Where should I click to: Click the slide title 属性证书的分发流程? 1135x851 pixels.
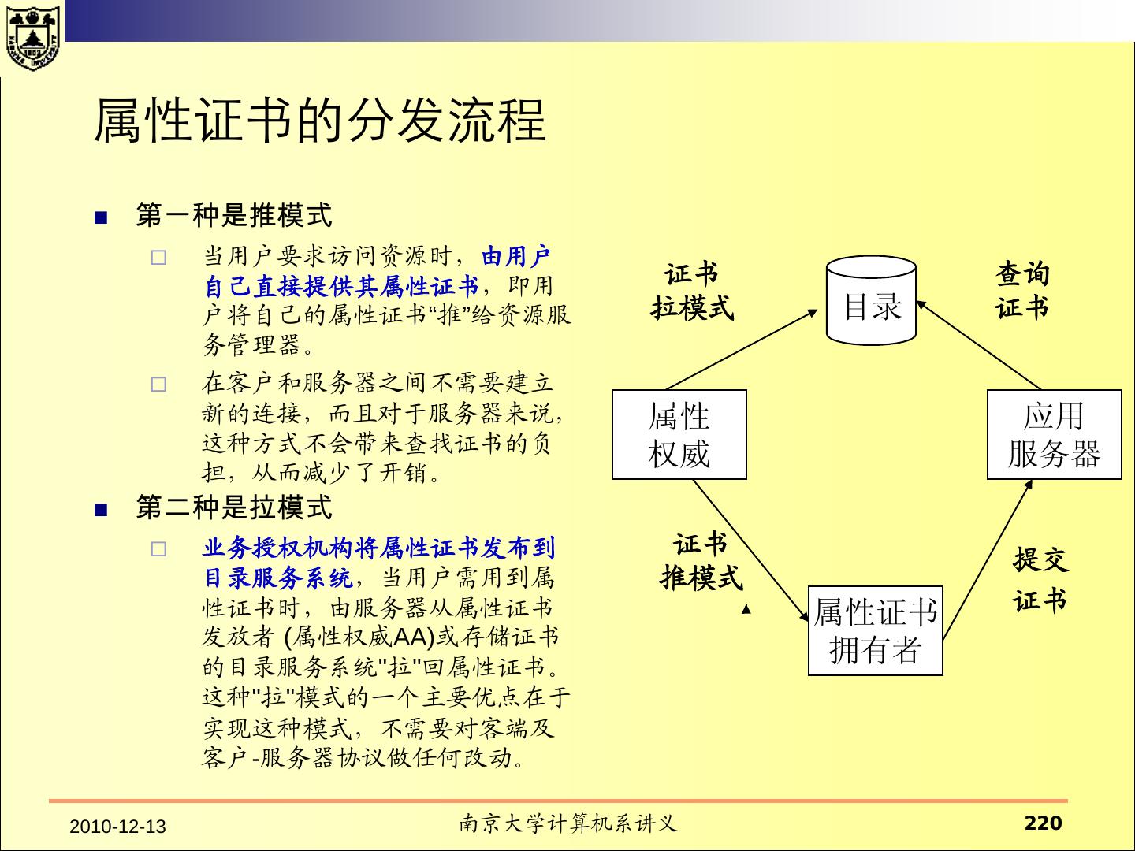(x=319, y=121)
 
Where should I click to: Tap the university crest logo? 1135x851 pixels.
(x=32, y=37)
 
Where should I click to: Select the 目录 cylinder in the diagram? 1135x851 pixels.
(x=871, y=302)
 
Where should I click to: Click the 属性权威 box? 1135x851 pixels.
(x=679, y=434)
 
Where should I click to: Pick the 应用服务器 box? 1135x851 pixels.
(x=1054, y=434)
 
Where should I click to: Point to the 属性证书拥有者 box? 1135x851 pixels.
(x=875, y=630)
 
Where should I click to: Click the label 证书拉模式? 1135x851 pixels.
(x=691, y=291)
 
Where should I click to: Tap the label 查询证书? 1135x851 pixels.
(x=1022, y=291)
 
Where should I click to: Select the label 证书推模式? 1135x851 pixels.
(x=701, y=561)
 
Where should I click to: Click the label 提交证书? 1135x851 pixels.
(x=1040, y=580)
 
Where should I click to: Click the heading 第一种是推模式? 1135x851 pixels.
(x=234, y=214)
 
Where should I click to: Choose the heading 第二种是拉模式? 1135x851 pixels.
(x=234, y=507)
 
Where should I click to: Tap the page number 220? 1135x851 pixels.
(x=1043, y=823)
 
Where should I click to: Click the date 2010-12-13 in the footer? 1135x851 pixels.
(x=118, y=827)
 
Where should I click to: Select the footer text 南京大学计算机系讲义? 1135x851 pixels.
(x=568, y=824)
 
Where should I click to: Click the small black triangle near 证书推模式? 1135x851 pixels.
(x=746, y=609)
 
